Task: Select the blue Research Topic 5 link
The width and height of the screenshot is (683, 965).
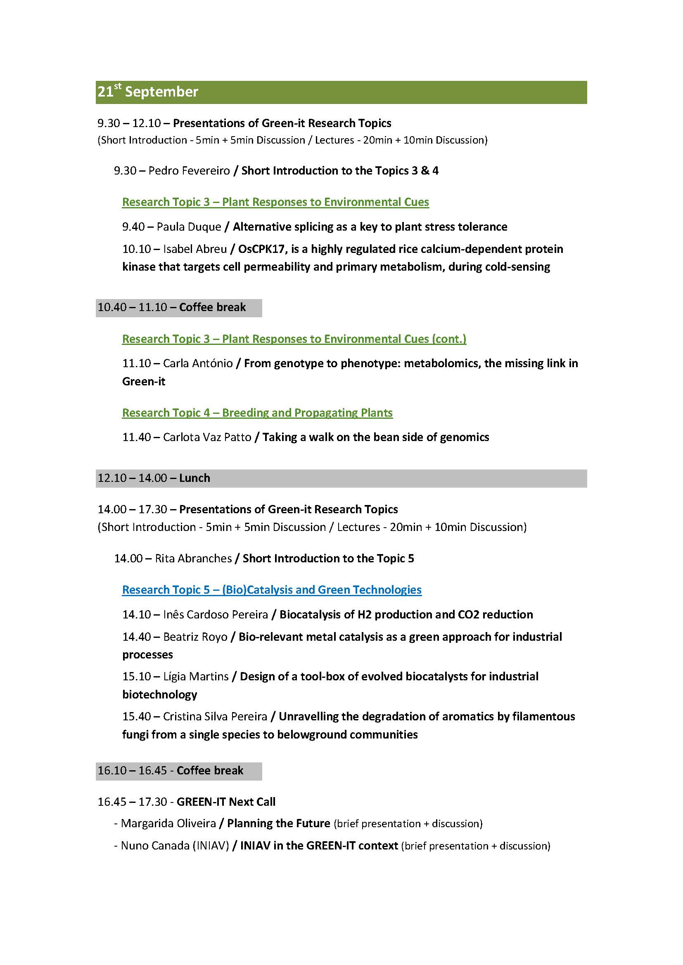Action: click(x=272, y=590)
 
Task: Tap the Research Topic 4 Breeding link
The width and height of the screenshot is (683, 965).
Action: click(x=257, y=413)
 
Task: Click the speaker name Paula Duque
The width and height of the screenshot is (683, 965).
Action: click(x=189, y=227)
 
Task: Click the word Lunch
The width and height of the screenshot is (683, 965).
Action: click(x=194, y=478)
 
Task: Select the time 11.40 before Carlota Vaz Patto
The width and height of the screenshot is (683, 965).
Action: click(x=136, y=437)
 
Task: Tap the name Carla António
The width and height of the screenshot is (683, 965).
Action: click(x=198, y=363)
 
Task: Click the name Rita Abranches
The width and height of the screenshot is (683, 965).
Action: click(x=193, y=559)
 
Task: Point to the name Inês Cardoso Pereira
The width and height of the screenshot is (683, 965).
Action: click(x=215, y=614)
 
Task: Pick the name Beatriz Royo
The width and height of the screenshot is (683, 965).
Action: click(x=195, y=637)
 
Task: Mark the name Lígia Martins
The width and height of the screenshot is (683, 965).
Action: click(x=196, y=676)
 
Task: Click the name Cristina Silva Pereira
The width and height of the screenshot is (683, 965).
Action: click(x=215, y=716)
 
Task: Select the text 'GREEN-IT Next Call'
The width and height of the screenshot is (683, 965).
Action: click(x=226, y=802)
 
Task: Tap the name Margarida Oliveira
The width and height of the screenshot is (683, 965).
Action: click(x=168, y=823)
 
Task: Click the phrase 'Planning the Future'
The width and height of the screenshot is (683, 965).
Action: click(x=278, y=823)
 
